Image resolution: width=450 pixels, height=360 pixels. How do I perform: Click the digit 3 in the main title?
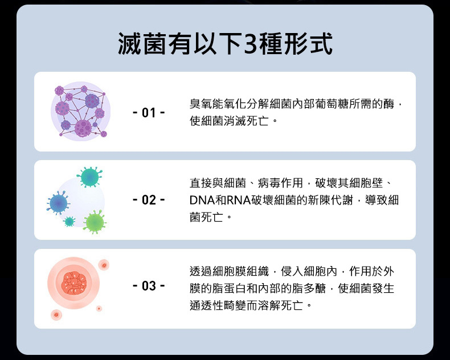tap(250, 44)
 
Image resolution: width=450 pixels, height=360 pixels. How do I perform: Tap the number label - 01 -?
tap(149, 113)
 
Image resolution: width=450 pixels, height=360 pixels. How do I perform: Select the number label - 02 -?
tap(149, 200)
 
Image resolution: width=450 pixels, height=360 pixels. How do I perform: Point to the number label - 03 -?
tap(149, 286)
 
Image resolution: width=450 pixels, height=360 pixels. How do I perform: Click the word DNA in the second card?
tap(202, 200)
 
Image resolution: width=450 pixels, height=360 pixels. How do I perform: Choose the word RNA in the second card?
tap(239, 200)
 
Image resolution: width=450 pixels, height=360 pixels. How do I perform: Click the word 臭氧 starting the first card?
tap(201, 104)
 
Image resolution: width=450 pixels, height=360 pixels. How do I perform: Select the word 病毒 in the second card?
tap(269, 183)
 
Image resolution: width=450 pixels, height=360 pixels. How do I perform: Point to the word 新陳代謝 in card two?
tap(330, 200)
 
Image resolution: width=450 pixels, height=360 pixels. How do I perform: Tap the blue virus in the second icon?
tap(59, 203)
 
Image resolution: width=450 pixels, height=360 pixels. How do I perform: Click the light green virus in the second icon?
tap(95, 222)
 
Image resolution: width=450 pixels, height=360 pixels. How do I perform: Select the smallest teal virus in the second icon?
tap(69, 222)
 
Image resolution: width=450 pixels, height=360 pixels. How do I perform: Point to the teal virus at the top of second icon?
tap(89, 177)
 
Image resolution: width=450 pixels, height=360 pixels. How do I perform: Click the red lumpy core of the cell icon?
tap(73, 283)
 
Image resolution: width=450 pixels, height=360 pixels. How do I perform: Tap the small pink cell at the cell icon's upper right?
tap(104, 265)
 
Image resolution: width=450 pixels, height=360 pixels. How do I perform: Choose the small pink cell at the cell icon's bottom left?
tap(56, 314)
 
